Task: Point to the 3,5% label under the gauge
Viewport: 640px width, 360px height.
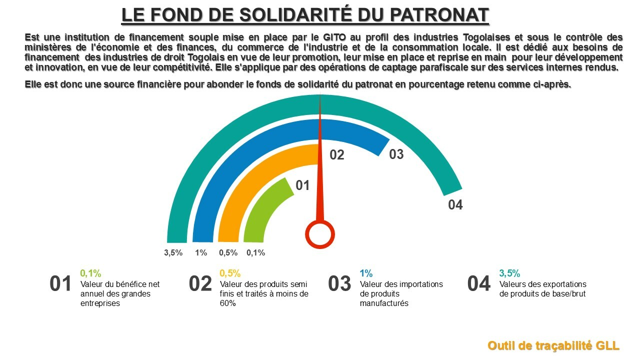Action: (x=173, y=253)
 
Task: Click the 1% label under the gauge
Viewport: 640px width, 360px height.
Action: (x=201, y=253)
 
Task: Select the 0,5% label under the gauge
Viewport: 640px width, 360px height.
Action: (x=228, y=253)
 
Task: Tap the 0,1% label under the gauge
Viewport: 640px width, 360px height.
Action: (x=256, y=253)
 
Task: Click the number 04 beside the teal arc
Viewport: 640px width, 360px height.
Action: (x=455, y=205)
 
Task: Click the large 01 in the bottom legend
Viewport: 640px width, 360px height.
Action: (x=61, y=284)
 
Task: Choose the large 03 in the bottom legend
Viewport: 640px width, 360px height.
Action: (x=340, y=284)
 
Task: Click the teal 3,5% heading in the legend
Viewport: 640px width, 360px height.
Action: (x=509, y=273)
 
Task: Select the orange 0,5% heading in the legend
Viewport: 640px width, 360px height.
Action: (x=230, y=273)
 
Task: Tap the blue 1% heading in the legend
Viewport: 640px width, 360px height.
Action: (x=366, y=273)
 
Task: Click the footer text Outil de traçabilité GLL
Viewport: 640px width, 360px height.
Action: (x=553, y=345)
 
